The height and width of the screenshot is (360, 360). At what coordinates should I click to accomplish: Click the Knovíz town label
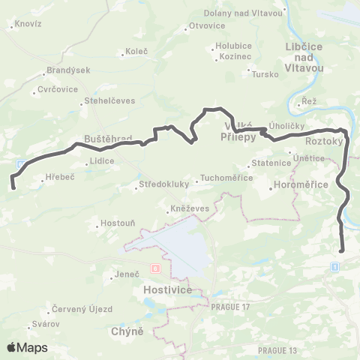28,25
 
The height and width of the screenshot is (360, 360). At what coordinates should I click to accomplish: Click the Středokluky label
160,184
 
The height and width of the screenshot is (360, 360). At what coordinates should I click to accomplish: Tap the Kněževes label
187,205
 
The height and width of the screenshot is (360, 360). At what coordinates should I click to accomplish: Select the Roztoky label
325,140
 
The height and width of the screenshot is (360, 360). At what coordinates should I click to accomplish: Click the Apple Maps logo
26,347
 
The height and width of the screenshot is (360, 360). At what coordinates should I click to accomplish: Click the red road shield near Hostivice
155,268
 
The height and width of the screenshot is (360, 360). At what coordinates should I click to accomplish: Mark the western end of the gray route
13,178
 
